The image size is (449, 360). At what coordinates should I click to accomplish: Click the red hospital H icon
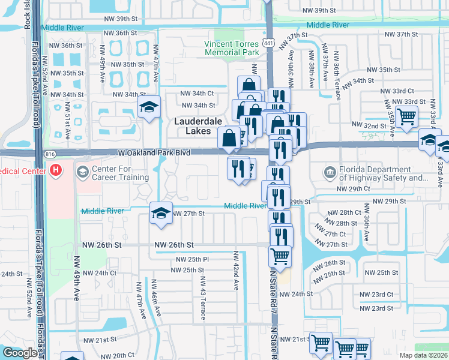pyautogui.click(x=56, y=171)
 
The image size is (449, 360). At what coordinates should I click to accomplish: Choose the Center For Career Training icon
pyautogui.click(x=83, y=172)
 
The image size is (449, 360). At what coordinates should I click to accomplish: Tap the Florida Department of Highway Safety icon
pyautogui.click(x=331, y=173)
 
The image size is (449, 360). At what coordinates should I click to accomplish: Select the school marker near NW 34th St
pyautogui.click(x=148, y=108)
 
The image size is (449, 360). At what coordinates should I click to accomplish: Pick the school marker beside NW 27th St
pyautogui.click(x=160, y=214)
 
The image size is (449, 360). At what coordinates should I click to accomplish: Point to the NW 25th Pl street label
pyautogui.click(x=192, y=259)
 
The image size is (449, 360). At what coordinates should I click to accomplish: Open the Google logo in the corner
pyautogui.click(x=20, y=353)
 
